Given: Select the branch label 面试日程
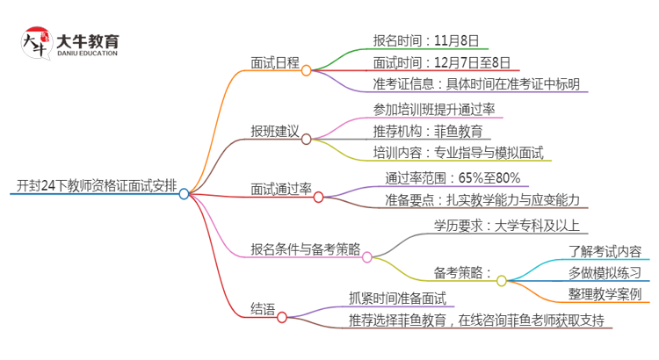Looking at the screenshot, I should (x=274, y=62).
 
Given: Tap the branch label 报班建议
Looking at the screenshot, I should (x=274, y=131).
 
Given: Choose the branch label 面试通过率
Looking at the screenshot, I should (x=281, y=188).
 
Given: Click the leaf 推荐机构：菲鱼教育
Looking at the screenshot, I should (x=427, y=131).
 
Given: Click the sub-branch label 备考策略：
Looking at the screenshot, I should (x=462, y=272).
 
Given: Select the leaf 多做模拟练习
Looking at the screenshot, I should (x=604, y=272).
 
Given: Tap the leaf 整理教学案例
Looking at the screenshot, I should (x=604, y=295).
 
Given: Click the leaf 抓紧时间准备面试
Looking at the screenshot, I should (x=397, y=299).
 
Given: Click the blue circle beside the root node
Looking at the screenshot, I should (x=184, y=194).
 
